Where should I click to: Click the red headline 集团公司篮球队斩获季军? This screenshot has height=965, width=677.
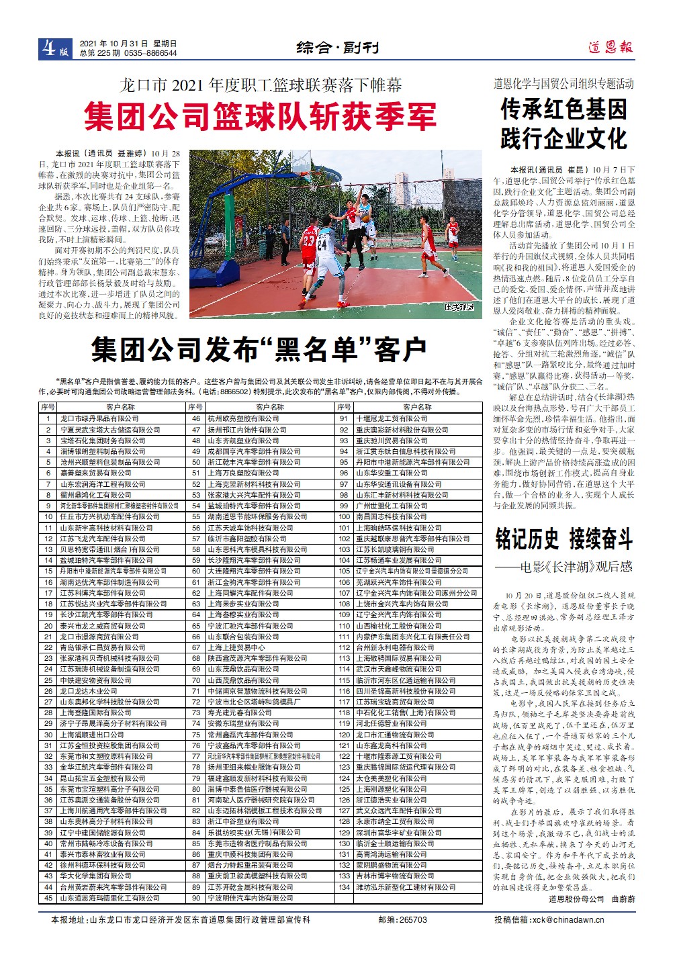[x=260, y=116]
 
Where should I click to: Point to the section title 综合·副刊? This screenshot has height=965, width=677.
[x=338, y=48]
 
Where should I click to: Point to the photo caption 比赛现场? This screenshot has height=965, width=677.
[x=459, y=308]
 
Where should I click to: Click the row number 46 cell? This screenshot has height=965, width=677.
[x=196, y=418]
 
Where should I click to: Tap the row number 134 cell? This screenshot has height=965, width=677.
[x=345, y=887]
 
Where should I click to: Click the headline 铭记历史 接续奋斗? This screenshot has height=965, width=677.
[x=563, y=538]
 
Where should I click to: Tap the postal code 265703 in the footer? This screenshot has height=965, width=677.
[x=412, y=919]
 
